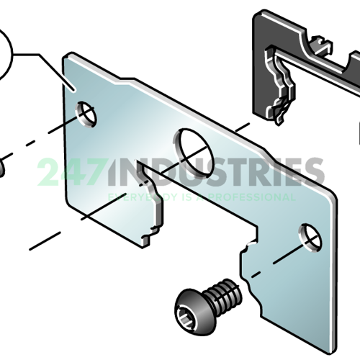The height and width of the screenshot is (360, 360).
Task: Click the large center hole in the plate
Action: [194, 153]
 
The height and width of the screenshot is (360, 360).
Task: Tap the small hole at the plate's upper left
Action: [86, 114]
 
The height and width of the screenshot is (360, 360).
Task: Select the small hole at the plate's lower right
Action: [310, 238]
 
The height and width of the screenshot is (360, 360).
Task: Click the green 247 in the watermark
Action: [71, 171]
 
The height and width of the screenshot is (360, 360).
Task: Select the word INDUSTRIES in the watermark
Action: [217, 171]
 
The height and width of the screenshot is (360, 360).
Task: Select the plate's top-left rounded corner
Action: [66, 55]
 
